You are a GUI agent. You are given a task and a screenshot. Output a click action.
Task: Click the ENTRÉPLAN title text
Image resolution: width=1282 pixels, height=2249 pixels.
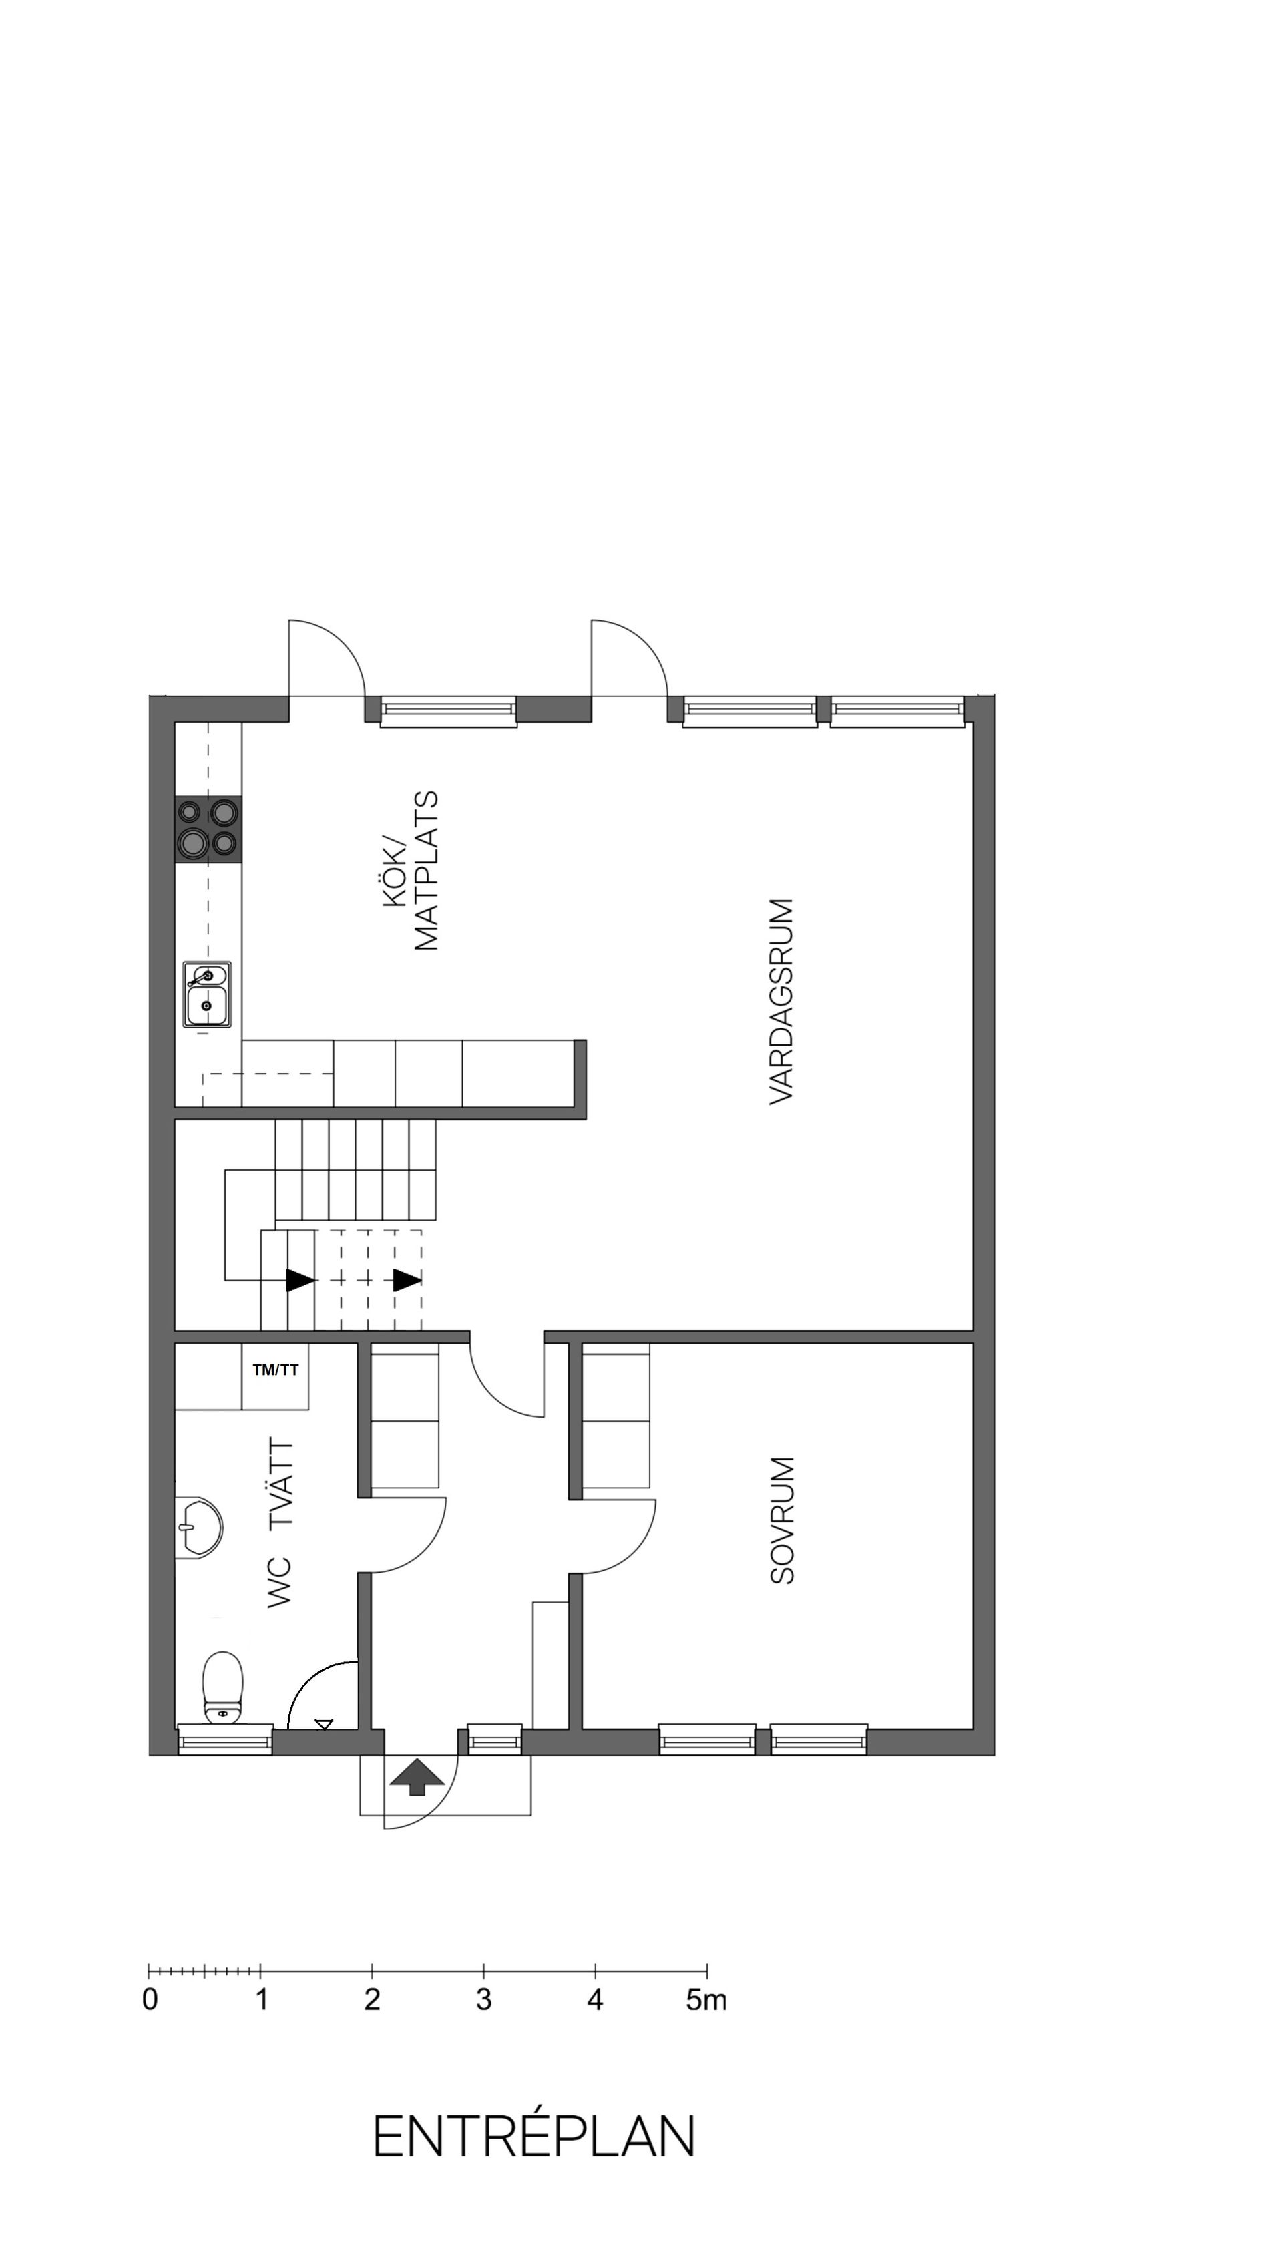[533, 2135]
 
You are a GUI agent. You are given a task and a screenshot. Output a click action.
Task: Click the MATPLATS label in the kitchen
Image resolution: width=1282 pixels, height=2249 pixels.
[426, 870]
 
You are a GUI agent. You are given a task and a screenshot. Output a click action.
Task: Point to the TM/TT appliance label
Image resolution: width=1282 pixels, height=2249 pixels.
[276, 1370]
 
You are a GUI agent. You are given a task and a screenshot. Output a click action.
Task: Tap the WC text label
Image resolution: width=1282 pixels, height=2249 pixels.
[279, 1581]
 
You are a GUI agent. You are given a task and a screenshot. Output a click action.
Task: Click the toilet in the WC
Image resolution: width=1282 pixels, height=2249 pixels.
[223, 1685]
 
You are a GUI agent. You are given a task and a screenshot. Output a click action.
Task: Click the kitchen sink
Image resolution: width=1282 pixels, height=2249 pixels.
[207, 994]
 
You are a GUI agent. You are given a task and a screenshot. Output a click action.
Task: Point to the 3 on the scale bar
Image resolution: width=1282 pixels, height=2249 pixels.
[483, 2001]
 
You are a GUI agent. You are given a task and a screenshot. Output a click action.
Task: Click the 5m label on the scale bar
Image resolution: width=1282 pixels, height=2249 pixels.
[706, 2001]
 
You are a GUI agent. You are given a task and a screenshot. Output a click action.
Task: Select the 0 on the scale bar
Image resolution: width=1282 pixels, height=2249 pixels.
[150, 2001]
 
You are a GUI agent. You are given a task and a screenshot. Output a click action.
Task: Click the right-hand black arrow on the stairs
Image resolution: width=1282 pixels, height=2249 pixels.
[407, 1279]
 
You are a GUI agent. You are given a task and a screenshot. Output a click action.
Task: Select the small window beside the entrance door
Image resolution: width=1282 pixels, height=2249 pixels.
[494, 1739]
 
